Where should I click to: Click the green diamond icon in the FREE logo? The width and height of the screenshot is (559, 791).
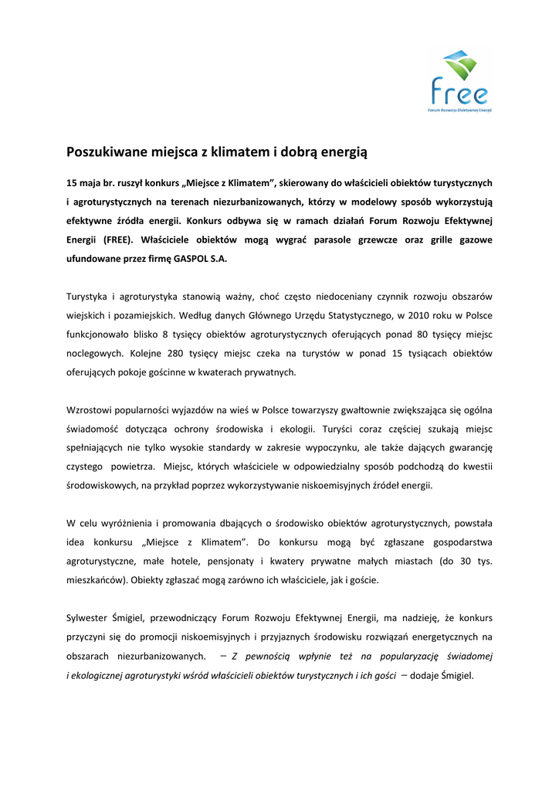click(x=460, y=66)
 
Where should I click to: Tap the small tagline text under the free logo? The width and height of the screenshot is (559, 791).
click(x=460, y=110)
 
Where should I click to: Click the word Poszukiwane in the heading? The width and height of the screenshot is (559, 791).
click(x=104, y=152)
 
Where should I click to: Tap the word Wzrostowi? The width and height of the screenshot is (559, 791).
click(x=91, y=409)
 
